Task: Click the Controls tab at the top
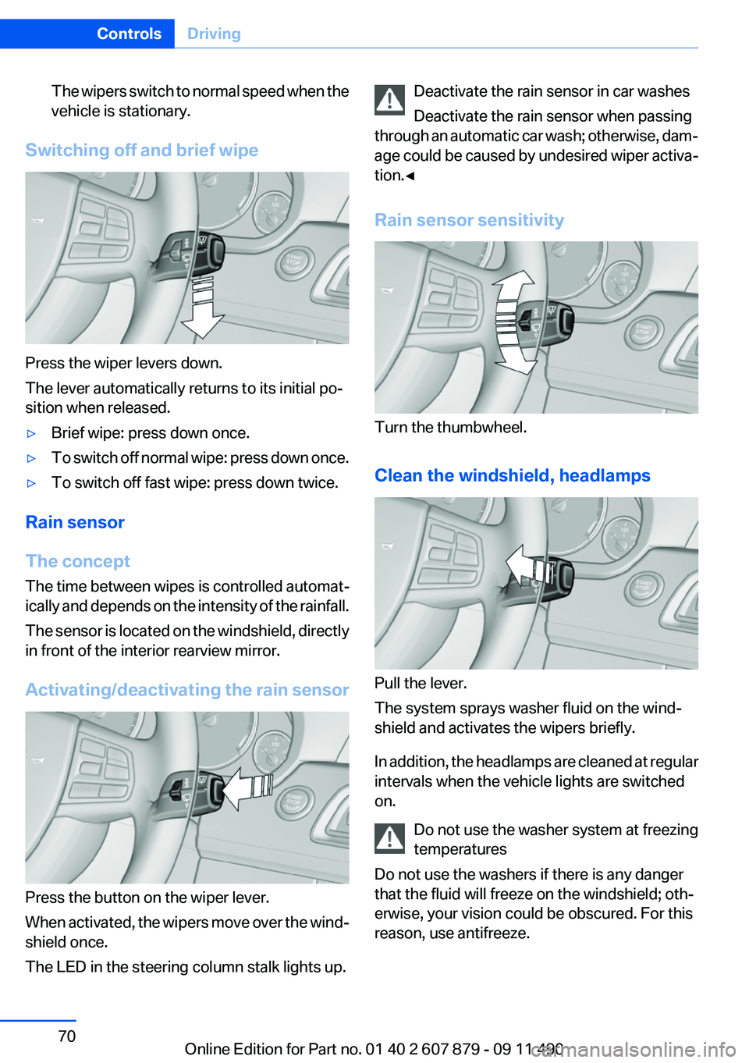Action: tap(129, 34)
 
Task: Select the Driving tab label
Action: tap(214, 34)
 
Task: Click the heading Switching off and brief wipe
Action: tap(141, 150)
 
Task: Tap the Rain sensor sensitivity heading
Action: tap(469, 220)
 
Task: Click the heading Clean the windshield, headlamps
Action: tap(512, 475)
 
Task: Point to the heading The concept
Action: tap(77, 561)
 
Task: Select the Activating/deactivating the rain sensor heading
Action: tap(186, 690)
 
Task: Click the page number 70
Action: tap(67, 1036)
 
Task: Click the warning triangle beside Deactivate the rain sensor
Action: tap(389, 100)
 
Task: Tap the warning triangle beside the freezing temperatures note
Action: tap(389, 838)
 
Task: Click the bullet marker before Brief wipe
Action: tap(31, 433)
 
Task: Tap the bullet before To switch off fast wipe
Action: tap(31, 483)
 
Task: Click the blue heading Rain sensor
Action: tap(75, 522)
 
